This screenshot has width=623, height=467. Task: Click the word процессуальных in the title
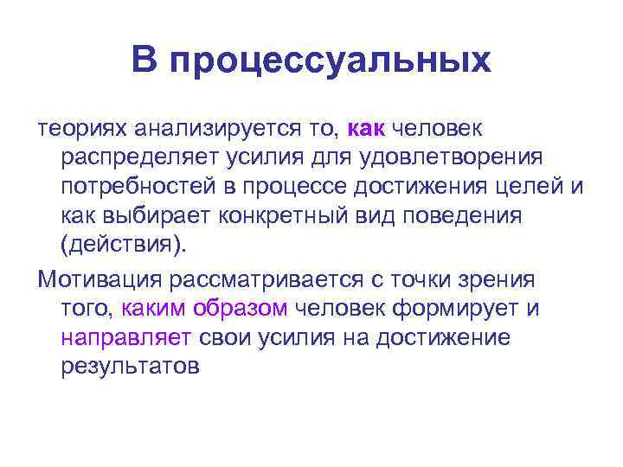click(331, 61)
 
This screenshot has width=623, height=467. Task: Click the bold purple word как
click(366, 128)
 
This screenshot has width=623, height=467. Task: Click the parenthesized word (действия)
click(123, 244)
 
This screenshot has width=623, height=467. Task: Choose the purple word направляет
click(127, 337)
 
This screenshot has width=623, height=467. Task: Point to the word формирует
click(470, 308)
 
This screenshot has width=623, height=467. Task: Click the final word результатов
click(130, 366)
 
